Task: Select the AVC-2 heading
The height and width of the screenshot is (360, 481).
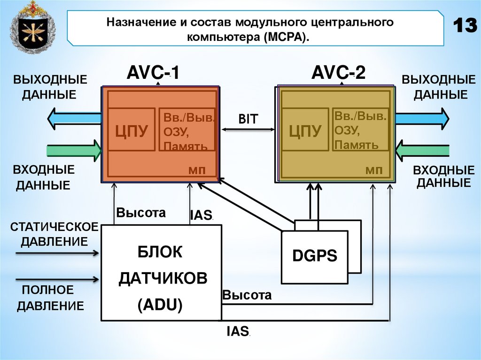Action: click(339, 74)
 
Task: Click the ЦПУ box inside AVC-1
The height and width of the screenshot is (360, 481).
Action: click(132, 130)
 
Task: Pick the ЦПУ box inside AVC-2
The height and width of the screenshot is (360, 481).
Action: click(305, 130)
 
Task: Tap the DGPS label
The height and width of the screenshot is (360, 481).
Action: click(315, 256)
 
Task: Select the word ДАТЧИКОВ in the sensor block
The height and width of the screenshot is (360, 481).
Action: click(163, 279)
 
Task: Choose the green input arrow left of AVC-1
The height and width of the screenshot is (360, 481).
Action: click(75, 150)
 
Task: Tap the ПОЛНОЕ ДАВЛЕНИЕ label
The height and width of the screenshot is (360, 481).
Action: click(50, 298)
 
